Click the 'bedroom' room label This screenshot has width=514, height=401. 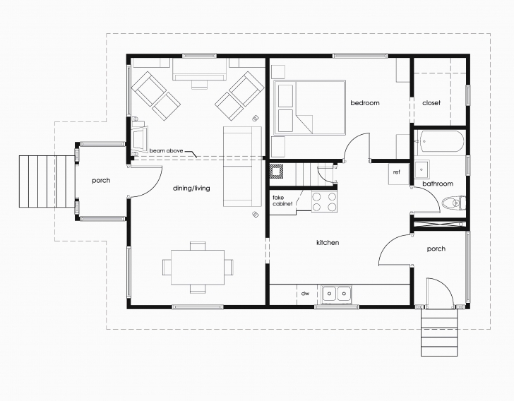coord(364,103)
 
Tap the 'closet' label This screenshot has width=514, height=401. coord(431,103)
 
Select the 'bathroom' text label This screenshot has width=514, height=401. coord(437,184)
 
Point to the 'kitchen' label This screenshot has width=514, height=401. coord(327,243)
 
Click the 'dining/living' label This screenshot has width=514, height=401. coord(192,188)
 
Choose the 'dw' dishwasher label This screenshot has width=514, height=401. coord(306,293)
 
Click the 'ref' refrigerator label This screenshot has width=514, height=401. coord(397,172)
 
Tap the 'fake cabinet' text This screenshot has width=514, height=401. coord(282,201)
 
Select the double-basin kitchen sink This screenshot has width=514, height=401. coord(337,293)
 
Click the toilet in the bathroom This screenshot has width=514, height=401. coord(450,204)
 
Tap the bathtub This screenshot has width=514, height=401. coord(441,143)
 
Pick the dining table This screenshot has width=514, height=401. coord(198,267)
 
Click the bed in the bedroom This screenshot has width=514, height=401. coord(309,107)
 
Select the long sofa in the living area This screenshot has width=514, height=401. coord(237,167)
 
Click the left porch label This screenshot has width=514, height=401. coord(101,181)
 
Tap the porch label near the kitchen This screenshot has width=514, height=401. coord(436,249)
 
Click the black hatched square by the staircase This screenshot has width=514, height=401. coord(277,171)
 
